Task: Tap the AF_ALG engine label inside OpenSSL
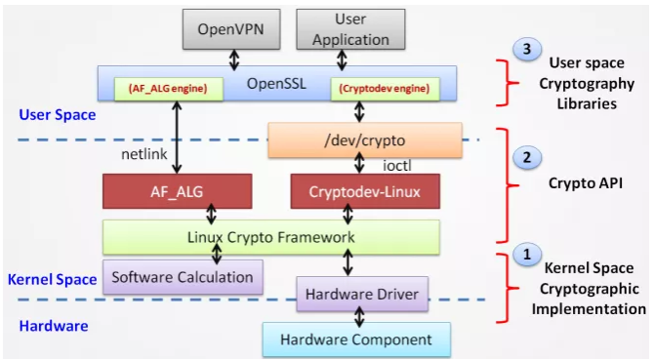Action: [166, 89]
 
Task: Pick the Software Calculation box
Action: [183, 277]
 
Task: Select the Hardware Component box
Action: [355, 340]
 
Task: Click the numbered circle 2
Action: [526, 156]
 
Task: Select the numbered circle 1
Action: [526, 256]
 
